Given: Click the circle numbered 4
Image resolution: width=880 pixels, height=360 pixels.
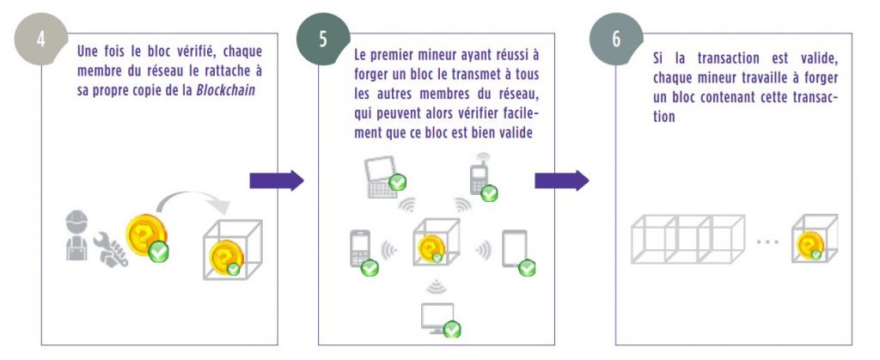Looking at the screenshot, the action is (41, 40).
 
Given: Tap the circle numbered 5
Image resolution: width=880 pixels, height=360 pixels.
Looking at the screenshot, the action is (323, 40).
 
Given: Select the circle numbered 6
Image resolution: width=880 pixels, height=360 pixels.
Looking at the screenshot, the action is (616, 40).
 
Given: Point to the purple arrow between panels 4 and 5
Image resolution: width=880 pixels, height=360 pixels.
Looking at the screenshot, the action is (277, 180).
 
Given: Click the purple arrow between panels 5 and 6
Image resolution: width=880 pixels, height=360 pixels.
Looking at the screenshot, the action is (562, 180).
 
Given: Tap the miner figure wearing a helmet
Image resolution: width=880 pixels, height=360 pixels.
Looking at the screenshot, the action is (76, 235).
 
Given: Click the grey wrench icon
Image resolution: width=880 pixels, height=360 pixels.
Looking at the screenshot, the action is (111, 249).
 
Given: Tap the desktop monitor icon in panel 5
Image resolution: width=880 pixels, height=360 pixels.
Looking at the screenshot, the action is (437, 318).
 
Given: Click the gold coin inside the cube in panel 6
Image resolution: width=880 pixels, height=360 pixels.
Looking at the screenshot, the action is (810, 245).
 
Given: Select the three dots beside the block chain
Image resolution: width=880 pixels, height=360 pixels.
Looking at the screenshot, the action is (767, 241).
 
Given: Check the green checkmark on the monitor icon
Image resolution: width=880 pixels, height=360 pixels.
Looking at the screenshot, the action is (451, 329).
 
